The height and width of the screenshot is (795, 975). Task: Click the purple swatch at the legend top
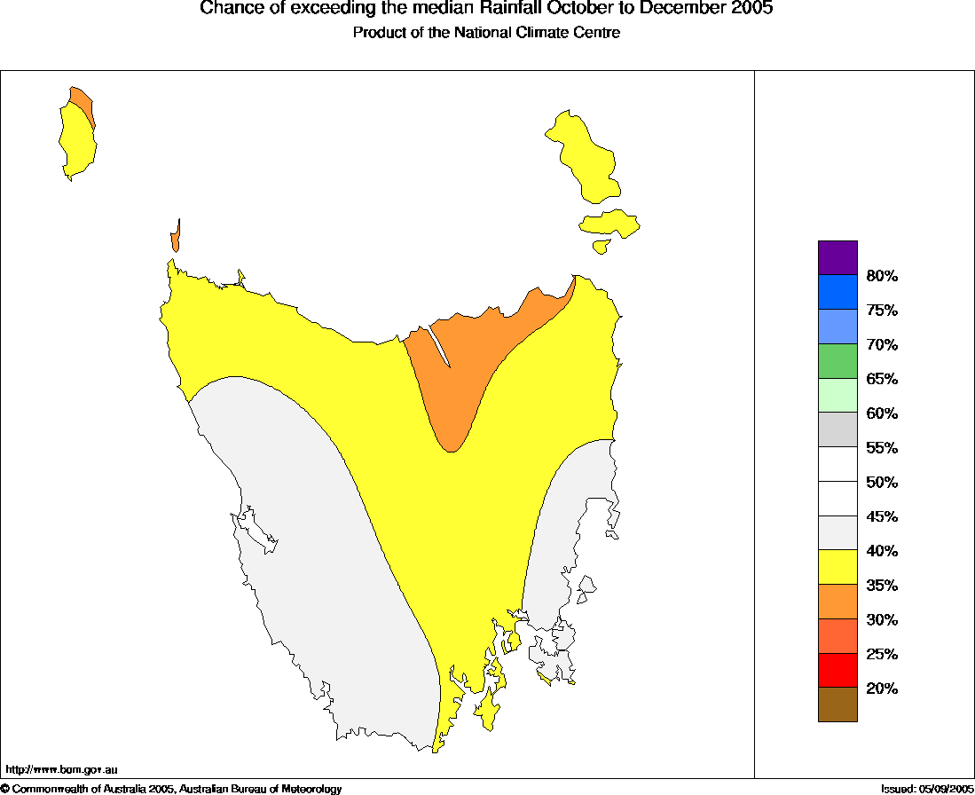click(x=837, y=257)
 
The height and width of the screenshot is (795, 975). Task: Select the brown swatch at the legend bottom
click(x=837, y=704)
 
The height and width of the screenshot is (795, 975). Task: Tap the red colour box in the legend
click(x=837, y=670)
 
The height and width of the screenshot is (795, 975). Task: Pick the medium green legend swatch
click(x=837, y=361)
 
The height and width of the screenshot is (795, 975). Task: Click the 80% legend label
click(x=882, y=276)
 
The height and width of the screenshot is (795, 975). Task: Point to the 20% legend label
click(x=882, y=689)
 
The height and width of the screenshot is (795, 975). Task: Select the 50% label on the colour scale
click(x=882, y=483)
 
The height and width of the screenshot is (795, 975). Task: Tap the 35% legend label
click(x=882, y=586)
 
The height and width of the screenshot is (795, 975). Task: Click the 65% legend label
click(x=882, y=379)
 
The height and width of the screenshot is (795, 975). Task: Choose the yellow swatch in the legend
click(x=837, y=567)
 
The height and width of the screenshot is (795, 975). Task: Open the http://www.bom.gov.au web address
click(x=61, y=769)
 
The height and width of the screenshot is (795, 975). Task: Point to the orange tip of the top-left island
click(x=81, y=98)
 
